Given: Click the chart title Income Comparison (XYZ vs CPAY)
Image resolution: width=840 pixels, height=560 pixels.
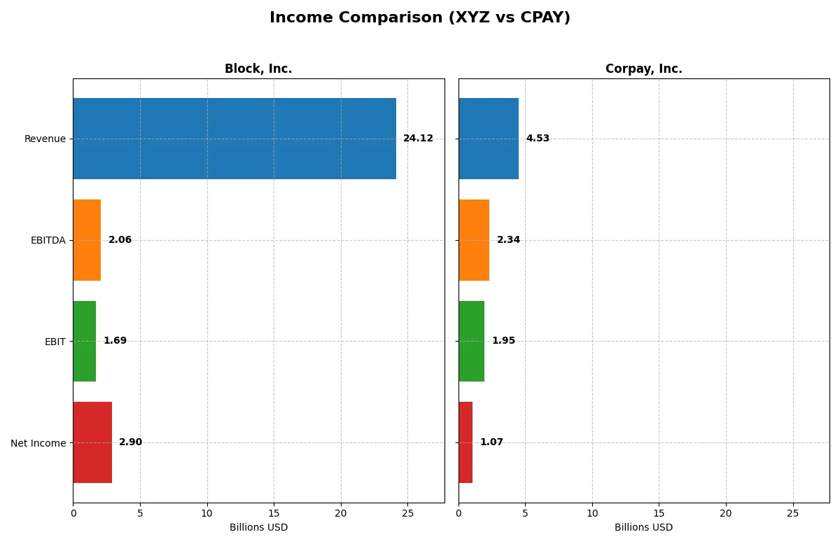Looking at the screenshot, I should (x=420, y=18).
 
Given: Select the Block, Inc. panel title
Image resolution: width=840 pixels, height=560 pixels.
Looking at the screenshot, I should (x=258, y=69).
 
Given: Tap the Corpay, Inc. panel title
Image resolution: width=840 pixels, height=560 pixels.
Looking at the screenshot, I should (x=643, y=69).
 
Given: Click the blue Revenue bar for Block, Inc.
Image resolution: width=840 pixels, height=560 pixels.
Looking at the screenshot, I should (x=234, y=139).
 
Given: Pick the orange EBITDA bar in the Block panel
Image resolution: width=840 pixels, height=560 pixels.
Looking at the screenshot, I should (x=87, y=240).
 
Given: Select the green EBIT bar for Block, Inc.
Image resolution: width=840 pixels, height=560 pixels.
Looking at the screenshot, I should (x=84, y=341).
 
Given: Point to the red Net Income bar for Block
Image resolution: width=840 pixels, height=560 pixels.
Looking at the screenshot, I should (x=92, y=442).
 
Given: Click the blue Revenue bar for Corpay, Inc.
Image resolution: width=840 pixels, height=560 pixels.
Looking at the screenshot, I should (x=489, y=139).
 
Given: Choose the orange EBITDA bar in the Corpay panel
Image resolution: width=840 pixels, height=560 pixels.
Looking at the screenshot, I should (x=474, y=240).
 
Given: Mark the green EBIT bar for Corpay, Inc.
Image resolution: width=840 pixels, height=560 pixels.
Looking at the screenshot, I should (x=471, y=341).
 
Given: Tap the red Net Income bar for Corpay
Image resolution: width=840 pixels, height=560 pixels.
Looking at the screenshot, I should (x=465, y=442).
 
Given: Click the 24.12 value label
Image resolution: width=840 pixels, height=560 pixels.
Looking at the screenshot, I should (x=418, y=139).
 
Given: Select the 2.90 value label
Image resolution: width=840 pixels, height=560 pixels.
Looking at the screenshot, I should (x=130, y=442).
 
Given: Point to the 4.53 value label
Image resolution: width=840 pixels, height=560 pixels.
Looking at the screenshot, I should (x=538, y=139).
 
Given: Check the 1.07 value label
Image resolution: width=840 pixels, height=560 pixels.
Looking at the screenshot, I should (x=491, y=442).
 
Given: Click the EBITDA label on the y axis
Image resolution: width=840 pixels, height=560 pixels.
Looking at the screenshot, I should (x=48, y=240).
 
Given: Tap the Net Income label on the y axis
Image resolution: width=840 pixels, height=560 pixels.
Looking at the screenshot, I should (x=38, y=442).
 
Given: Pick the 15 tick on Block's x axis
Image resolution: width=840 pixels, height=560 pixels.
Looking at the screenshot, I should (x=274, y=514).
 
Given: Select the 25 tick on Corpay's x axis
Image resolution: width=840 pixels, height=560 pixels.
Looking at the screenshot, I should (x=793, y=514).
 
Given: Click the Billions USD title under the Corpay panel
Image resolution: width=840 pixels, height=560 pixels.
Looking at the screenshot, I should (x=643, y=528).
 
